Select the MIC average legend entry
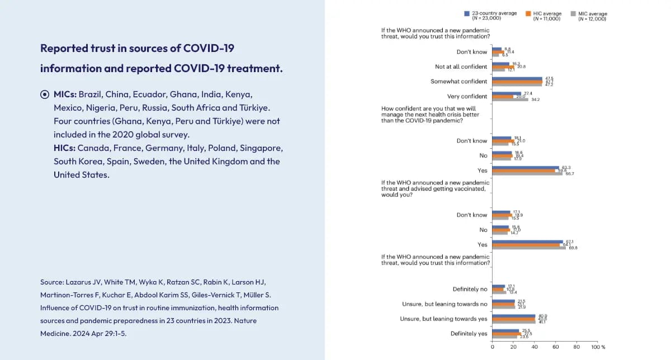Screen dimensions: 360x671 [592, 16]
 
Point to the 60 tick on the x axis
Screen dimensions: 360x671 [556, 347]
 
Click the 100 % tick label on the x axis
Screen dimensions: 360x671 [598, 347]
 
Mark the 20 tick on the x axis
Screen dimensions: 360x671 [513, 347]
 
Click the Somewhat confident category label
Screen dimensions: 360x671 [459, 82]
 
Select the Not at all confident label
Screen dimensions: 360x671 [461, 67]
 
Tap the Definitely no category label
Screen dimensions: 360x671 [470, 290]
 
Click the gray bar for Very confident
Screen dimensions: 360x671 [510, 100]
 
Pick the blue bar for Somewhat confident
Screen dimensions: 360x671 [517, 78]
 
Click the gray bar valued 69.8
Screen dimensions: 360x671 [529, 248]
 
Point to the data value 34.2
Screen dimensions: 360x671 [535, 100]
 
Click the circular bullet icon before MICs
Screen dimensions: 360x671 [45, 94]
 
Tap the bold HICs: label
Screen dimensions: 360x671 [64, 148]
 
